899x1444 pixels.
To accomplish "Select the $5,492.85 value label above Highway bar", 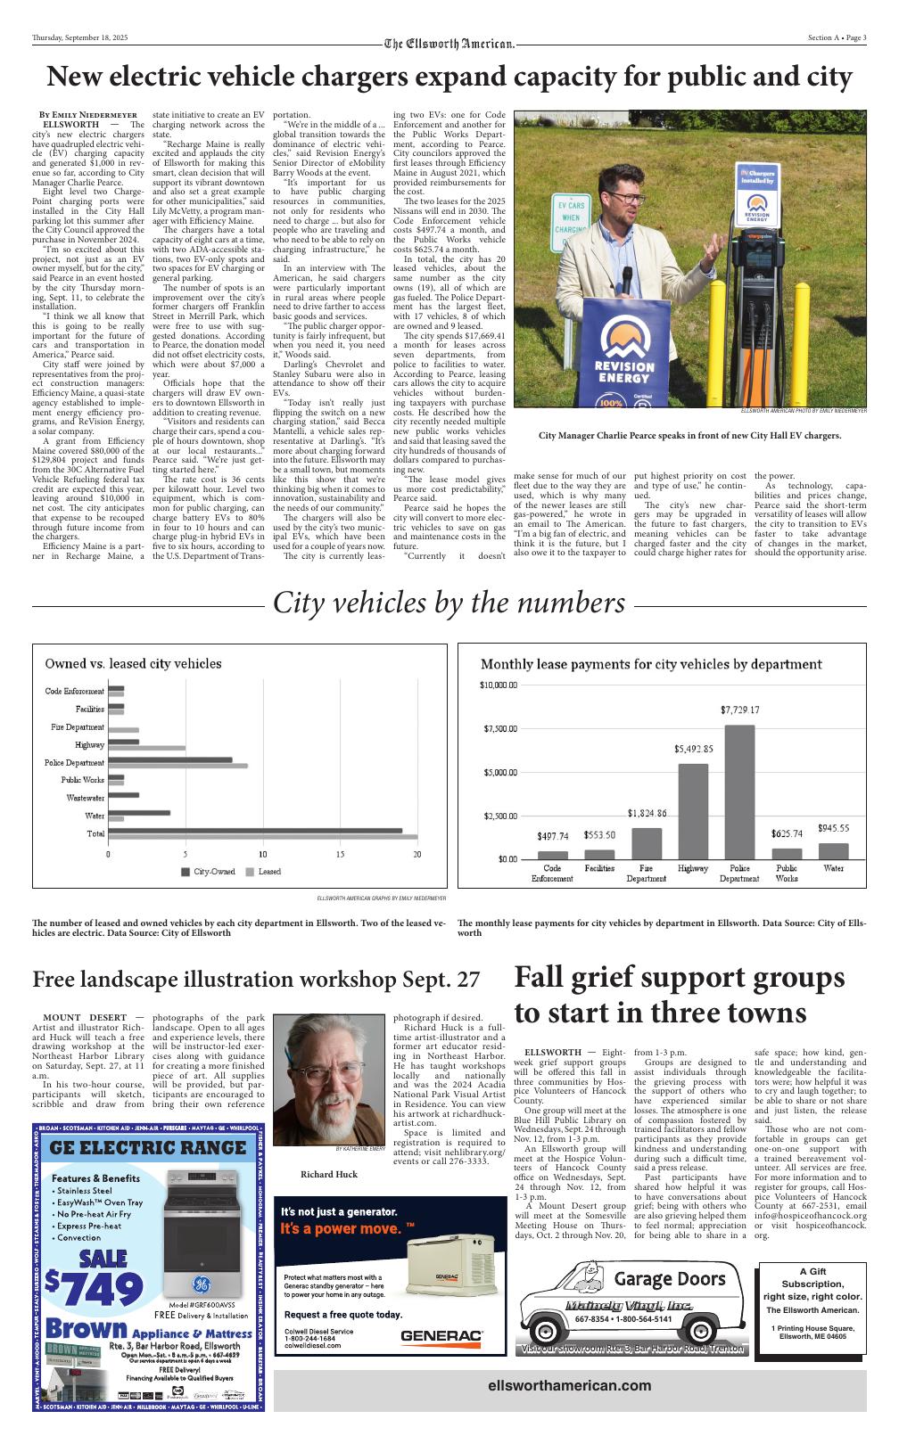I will pyautogui.click(x=693, y=750).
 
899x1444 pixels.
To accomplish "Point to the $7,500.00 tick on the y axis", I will pyautogui.click(x=500, y=729).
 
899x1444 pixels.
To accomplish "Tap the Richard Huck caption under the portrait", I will pyautogui.click(x=328, y=1174).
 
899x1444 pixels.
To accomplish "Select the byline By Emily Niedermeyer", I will pyautogui.click(x=87, y=115).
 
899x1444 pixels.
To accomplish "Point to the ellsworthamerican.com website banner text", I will pyautogui.click(x=569, y=1385).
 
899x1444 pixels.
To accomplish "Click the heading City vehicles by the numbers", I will pyautogui.click(x=449, y=603).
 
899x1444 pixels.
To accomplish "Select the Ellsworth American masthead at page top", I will pyautogui.click(x=449, y=44).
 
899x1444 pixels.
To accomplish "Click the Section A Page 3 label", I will pyautogui.click(x=837, y=37).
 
